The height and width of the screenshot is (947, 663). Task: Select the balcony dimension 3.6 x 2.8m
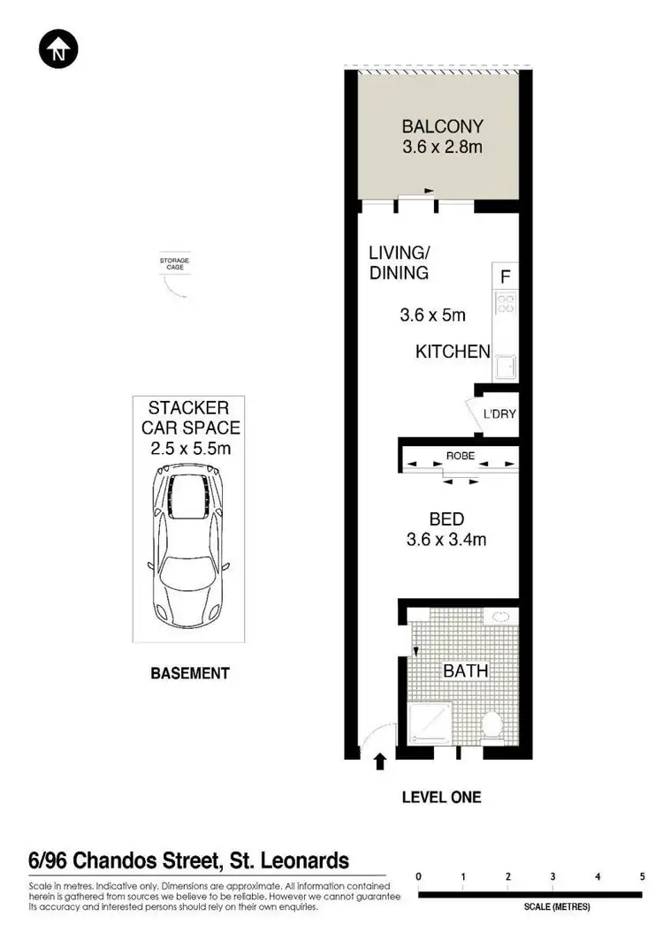[x=442, y=148]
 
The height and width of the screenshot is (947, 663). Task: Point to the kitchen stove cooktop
[x=506, y=305]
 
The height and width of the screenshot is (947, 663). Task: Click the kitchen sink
[x=506, y=365]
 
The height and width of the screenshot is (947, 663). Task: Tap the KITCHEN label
[x=453, y=352]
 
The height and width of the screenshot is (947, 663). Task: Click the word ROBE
[x=460, y=457]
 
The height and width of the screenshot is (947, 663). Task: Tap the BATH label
[x=466, y=671]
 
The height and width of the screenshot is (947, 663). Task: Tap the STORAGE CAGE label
[x=174, y=262]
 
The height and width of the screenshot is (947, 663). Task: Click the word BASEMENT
[x=190, y=673]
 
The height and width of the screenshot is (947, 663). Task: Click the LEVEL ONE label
[x=441, y=797]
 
